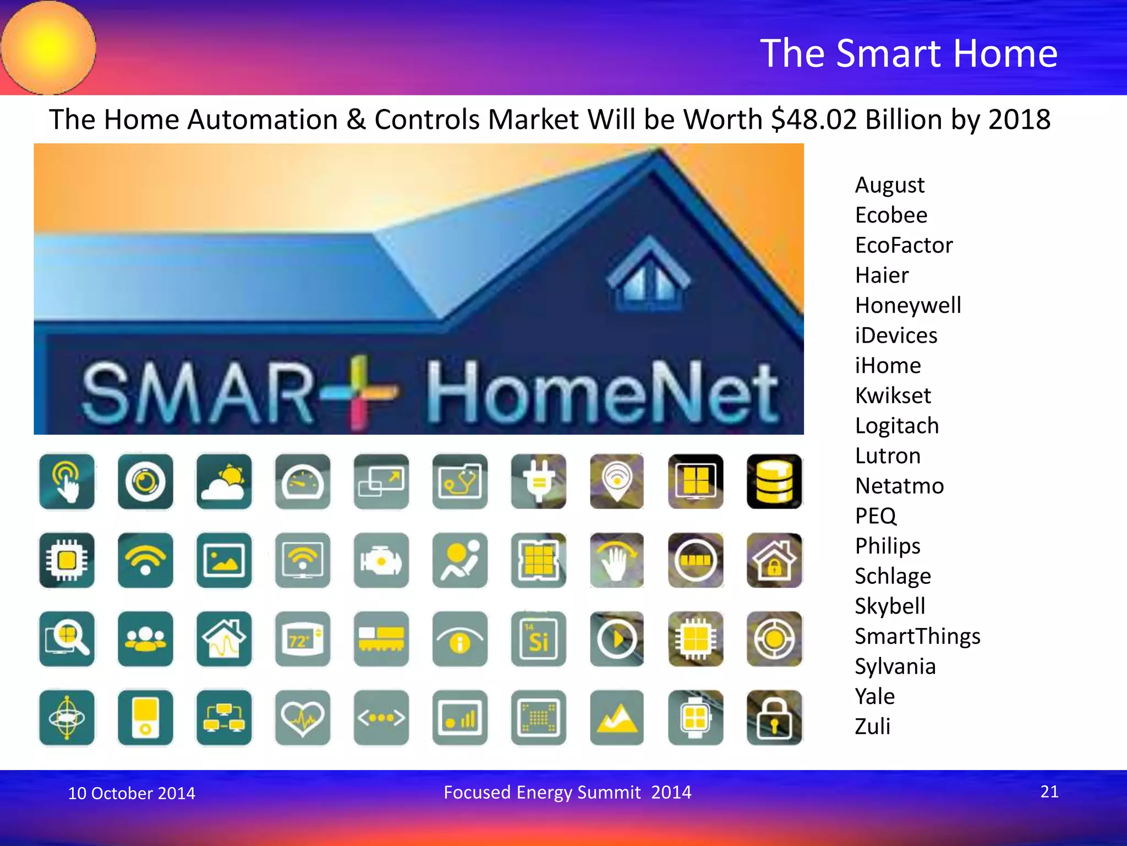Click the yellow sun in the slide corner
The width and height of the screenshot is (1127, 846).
(48, 47)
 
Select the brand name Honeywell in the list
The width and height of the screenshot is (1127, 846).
(908, 306)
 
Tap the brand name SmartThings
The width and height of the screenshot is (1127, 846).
(917, 636)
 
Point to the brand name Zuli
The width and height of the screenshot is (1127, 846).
(872, 726)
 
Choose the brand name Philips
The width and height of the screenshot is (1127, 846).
(887, 546)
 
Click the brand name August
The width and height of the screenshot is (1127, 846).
(889, 185)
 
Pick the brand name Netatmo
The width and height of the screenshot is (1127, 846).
(899, 486)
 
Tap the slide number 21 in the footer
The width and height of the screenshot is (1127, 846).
(1049, 791)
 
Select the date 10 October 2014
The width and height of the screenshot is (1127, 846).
(132, 793)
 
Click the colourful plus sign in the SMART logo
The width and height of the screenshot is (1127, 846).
(359, 392)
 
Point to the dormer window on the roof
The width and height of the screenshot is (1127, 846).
(648, 278)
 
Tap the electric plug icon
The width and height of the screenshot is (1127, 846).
(538, 481)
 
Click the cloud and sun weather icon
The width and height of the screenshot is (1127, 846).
(224, 481)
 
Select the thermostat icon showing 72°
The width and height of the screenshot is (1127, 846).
(303, 639)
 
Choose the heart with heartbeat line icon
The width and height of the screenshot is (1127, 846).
(303, 718)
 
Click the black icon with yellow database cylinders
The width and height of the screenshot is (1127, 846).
(774, 481)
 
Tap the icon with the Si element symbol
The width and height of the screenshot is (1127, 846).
(538, 639)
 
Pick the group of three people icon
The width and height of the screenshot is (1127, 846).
(145, 639)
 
